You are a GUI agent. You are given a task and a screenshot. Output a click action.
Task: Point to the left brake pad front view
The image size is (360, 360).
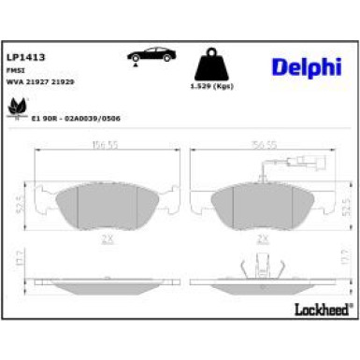105,205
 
